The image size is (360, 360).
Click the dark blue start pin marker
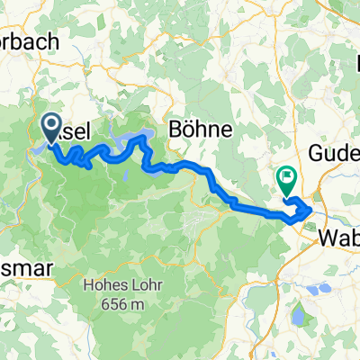[50, 127]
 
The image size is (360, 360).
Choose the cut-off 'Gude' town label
[334, 154]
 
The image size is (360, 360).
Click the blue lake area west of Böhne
[139, 138]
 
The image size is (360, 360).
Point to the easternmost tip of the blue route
[312, 209]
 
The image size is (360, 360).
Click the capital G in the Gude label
[318, 154]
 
